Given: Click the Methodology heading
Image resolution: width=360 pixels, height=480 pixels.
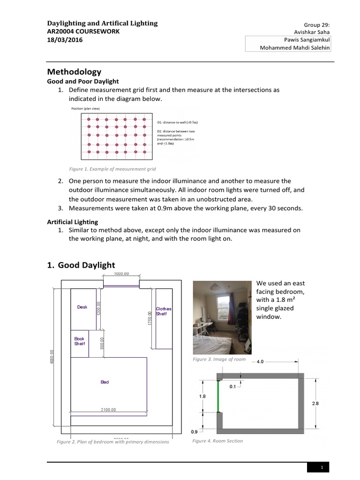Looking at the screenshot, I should [74, 72].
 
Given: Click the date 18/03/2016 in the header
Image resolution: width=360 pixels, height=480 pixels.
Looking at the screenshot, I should [67, 40].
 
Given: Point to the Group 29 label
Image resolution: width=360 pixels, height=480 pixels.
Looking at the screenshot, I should [317, 24].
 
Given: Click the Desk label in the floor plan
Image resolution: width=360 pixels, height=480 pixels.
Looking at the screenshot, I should [82, 307].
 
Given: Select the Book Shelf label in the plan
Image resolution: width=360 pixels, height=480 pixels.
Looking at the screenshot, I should [79, 341].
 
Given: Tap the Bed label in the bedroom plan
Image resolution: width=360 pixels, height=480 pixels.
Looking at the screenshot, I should [105, 382].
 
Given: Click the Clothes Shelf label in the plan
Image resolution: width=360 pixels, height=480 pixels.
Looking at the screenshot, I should [163, 311].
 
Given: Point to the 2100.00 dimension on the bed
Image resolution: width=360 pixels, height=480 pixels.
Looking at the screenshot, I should [108, 410].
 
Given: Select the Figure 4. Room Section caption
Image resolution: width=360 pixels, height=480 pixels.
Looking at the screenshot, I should [217, 441].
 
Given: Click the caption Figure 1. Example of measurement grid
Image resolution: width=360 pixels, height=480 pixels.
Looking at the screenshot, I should [112, 169].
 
